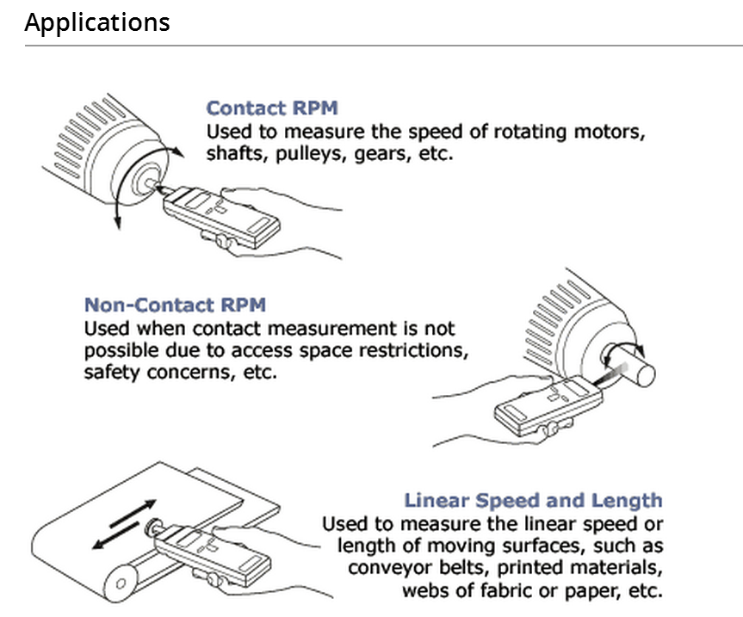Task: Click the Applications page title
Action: pos(97,22)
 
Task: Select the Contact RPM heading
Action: pos(272,108)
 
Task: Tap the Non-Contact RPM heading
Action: pos(175,305)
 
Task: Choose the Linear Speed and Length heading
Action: pos(533,500)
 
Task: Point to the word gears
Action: pos(384,155)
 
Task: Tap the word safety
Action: pos(108,373)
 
